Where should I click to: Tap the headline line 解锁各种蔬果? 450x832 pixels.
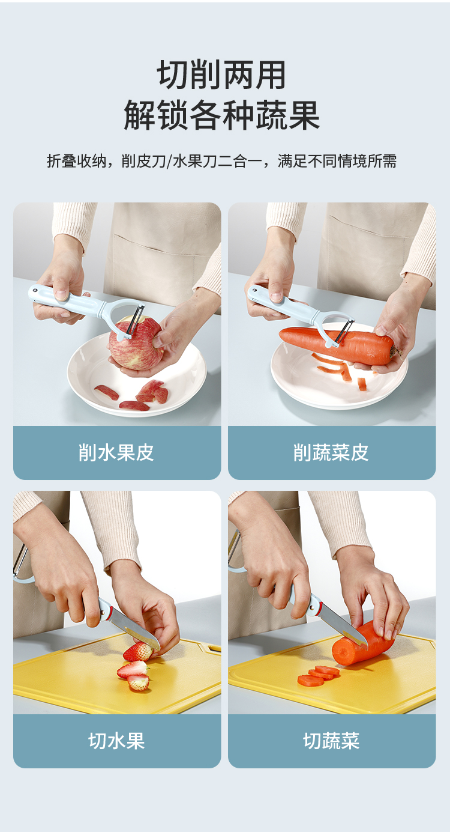[222, 115]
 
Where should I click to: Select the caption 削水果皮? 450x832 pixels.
[116, 452]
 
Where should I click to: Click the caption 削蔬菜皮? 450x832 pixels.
[331, 452]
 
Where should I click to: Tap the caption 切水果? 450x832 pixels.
[116, 741]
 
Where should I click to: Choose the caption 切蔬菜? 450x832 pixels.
[331, 741]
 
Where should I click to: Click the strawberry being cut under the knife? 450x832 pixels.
[138, 652]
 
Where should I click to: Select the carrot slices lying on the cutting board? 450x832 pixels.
[319, 675]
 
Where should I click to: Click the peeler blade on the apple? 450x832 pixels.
[134, 320]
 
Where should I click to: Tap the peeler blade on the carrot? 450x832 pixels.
[343, 330]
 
